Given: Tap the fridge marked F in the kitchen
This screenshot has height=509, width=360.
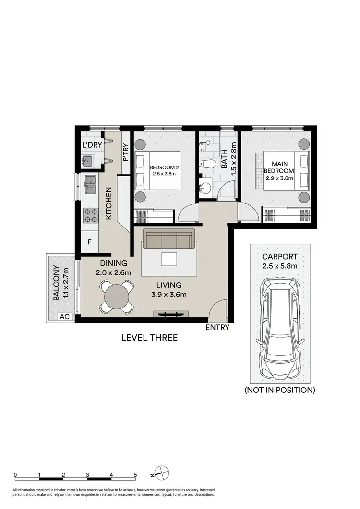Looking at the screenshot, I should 89,242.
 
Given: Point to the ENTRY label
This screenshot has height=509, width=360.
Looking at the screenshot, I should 217,328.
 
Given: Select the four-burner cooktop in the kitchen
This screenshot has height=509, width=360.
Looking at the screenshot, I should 90,214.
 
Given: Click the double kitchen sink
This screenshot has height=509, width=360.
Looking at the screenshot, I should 90,185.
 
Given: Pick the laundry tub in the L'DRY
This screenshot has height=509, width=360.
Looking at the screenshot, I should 88,161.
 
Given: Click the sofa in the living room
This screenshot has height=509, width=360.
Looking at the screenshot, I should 169,239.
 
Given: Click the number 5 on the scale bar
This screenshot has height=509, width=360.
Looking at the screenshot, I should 135,475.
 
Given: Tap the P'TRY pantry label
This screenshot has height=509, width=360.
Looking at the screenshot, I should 125,153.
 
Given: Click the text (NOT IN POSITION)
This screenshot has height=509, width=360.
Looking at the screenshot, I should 280,390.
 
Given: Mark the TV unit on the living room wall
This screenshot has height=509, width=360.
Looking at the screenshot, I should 170,315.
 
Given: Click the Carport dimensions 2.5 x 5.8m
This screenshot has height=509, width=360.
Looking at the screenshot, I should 279,266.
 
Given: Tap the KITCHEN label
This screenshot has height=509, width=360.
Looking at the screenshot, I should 108,204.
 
